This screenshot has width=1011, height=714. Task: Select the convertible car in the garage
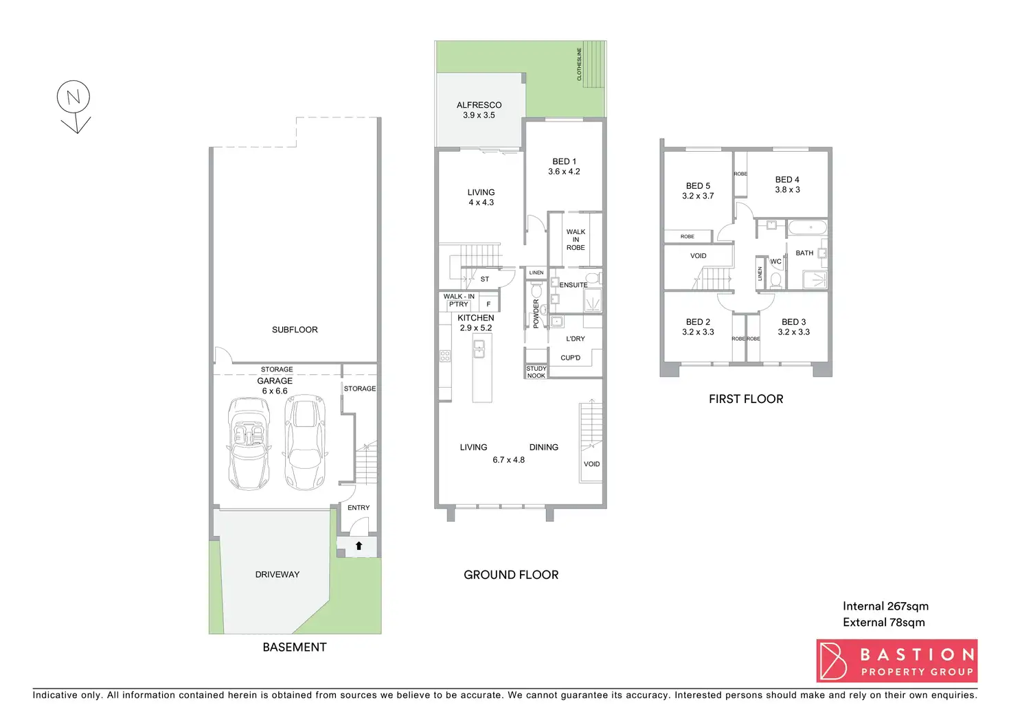[x=248, y=443]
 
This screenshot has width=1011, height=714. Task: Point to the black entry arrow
[x=359, y=546]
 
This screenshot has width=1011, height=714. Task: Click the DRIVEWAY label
[x=277, y=575]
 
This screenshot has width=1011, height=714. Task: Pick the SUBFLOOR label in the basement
[x=295, y=330]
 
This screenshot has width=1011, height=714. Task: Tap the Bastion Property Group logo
[x=896, y=660]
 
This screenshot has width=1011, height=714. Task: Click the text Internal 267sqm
[x=885, y=606]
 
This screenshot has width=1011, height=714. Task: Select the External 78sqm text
[x=883, y=623]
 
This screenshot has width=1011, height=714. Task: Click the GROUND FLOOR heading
[x=511, y=575]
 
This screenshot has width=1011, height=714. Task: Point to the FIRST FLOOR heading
[x=746, y=399]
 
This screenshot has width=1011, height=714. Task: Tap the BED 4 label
[x=787, y=185]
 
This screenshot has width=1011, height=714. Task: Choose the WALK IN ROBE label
[x=576, y=240]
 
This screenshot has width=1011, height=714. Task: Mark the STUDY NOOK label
[x=536, y=372]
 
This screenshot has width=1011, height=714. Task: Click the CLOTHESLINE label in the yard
[x=579, y=65]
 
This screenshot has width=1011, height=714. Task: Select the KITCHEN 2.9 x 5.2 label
[x=476, y=323]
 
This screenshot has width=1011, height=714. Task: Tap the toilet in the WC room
[x=775, y=279]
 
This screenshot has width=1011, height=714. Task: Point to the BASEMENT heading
[x=295, y=647]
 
